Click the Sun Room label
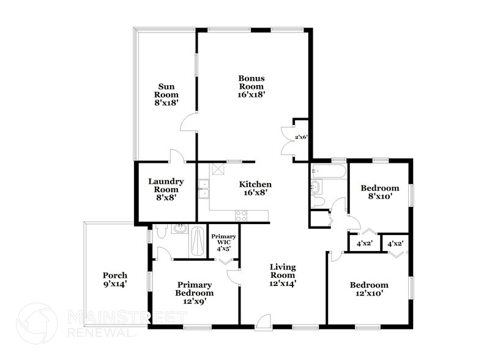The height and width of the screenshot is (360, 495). pos(166,94)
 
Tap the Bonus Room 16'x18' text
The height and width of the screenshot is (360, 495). pos(251,86)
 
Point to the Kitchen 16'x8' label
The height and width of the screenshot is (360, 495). pos(255,188)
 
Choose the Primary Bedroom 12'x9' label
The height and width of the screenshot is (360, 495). pos(195,289)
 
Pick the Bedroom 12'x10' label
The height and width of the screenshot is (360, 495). pos(369,289)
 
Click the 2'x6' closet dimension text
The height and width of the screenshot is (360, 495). pos(301,138)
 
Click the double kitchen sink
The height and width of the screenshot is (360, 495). pos(203,189)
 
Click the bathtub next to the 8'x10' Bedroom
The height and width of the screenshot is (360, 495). pos(329,171)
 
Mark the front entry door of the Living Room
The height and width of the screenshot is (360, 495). pos(262,320)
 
